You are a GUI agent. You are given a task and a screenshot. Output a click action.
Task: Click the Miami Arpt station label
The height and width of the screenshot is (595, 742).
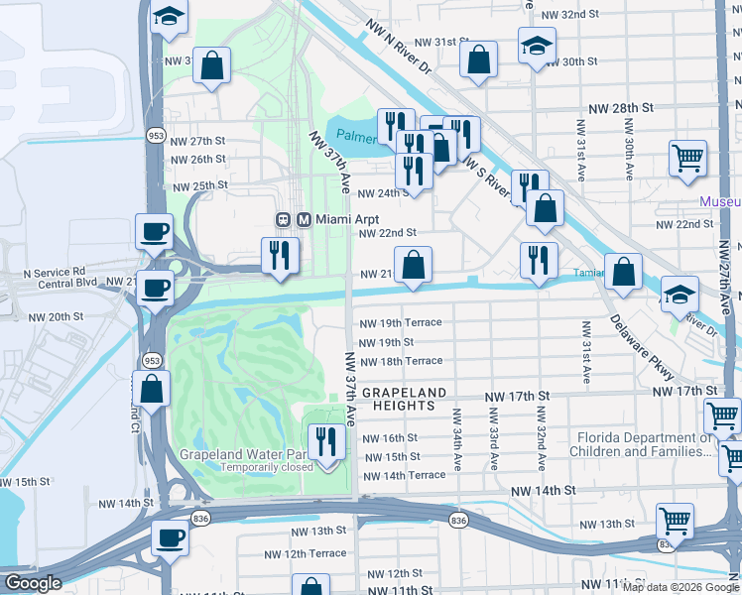(x=346, y=218)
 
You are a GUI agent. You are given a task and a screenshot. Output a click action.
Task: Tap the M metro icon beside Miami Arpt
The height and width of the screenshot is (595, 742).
(x=304, y=218)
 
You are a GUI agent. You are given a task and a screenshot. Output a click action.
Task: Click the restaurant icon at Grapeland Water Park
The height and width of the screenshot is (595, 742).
(x=326, y=438)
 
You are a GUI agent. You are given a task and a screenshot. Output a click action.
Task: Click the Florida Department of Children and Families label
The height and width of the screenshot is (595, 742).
(x=642, y=443)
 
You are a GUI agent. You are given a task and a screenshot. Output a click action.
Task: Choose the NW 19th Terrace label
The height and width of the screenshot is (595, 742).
(x=400, y=323)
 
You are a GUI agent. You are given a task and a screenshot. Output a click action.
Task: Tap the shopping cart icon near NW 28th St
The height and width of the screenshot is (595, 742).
(x=688, y=158)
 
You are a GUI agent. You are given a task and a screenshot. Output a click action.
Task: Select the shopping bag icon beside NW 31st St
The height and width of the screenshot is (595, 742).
(x=478, y=59)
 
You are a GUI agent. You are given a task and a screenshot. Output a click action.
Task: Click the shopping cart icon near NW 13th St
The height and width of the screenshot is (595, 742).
(x=675, y=519)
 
